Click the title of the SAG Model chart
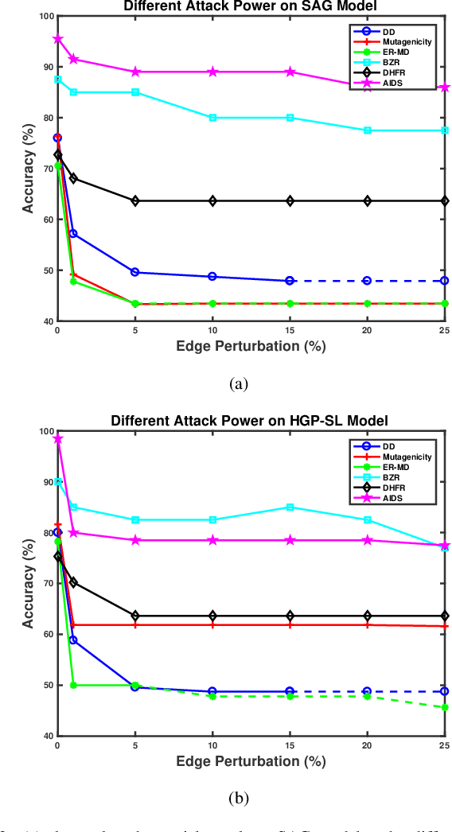[x=251, y=6]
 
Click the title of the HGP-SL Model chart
[x=251, y=420]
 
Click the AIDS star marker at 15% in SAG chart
[x=290, y=72]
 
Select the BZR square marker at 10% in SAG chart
[x=212, y=118]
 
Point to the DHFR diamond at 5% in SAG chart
[x=135, y=200]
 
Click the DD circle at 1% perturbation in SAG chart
[x=73, y=234]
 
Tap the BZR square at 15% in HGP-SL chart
[x=290, y=507]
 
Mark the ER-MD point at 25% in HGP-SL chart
[x=445, y=707]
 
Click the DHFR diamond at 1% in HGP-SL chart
[x=73, y=582]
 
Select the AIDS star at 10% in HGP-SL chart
[x=212, y=540]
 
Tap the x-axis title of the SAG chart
[x=251, y=347]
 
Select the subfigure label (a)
[x=238, y=383]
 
